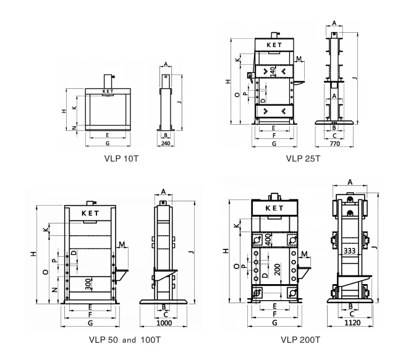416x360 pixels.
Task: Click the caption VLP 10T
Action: [121, 158]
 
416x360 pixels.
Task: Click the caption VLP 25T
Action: [303, 158]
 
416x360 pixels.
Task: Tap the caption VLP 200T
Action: [300, 339]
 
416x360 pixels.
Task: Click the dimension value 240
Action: [165, 143]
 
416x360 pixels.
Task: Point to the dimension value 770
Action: [334, 143]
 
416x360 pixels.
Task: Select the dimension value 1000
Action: [164, 323]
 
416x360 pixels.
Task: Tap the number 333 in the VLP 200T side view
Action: [349, 251]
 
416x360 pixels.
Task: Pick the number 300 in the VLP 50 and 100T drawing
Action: [89, 283]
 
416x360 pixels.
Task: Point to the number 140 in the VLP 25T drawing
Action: [272, 71]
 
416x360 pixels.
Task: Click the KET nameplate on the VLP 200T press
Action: [274, 208]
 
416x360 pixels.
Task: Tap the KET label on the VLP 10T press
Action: [108, 91]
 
